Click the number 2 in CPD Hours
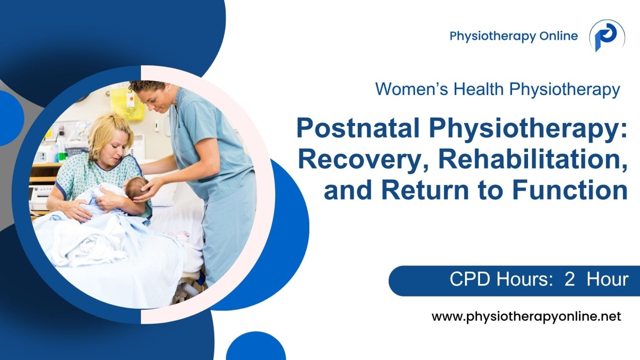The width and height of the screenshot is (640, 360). pos(569,280)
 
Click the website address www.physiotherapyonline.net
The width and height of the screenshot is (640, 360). pos(526,317)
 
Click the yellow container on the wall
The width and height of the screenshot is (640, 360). pos(128,103)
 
